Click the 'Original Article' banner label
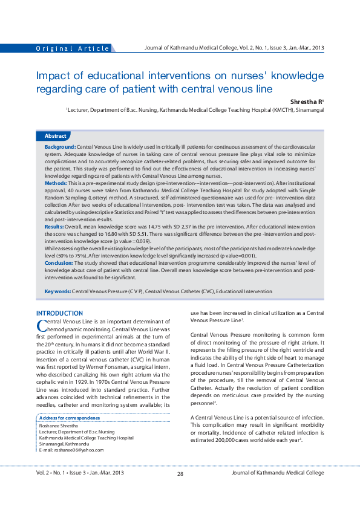point(73,48)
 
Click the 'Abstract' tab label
point(55,136)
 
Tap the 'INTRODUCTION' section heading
point(59,313)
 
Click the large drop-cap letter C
point(42,325)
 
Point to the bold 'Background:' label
point(60,148)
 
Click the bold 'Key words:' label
point(58,291)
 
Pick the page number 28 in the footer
point(180,490)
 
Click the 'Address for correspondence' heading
point(69,418)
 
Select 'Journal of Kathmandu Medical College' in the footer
point(278,490)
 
